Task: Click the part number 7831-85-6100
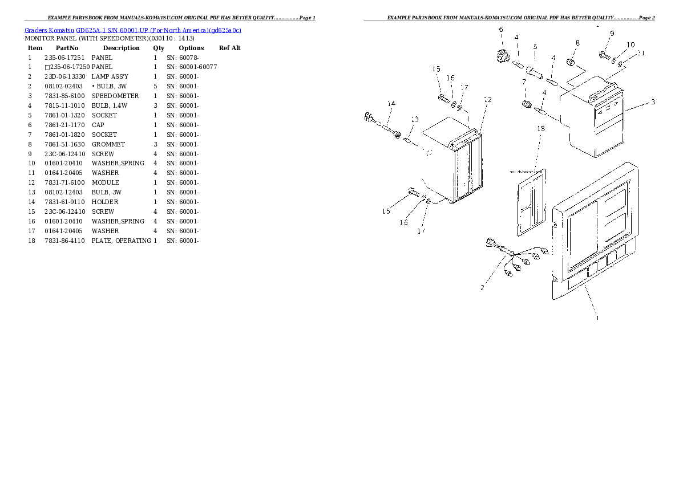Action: [64, 96]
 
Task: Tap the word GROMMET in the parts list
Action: [108, 144]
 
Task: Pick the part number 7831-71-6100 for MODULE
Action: [64, 182]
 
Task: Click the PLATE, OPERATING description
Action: [122, 241]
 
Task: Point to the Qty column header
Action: [159, 48]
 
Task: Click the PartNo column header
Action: [67, 48]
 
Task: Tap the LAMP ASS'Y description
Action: [110, 76]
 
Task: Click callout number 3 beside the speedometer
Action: [653, 103]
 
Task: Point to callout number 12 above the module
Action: [487, 100]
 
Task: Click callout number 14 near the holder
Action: [391, 104]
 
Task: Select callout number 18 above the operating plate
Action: [541, 129]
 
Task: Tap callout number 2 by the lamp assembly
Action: [482, 288]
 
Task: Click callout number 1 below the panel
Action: [597, 318]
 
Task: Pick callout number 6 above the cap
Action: [500, 30]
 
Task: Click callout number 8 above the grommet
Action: [577, 43]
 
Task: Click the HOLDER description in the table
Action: [105, 202]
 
